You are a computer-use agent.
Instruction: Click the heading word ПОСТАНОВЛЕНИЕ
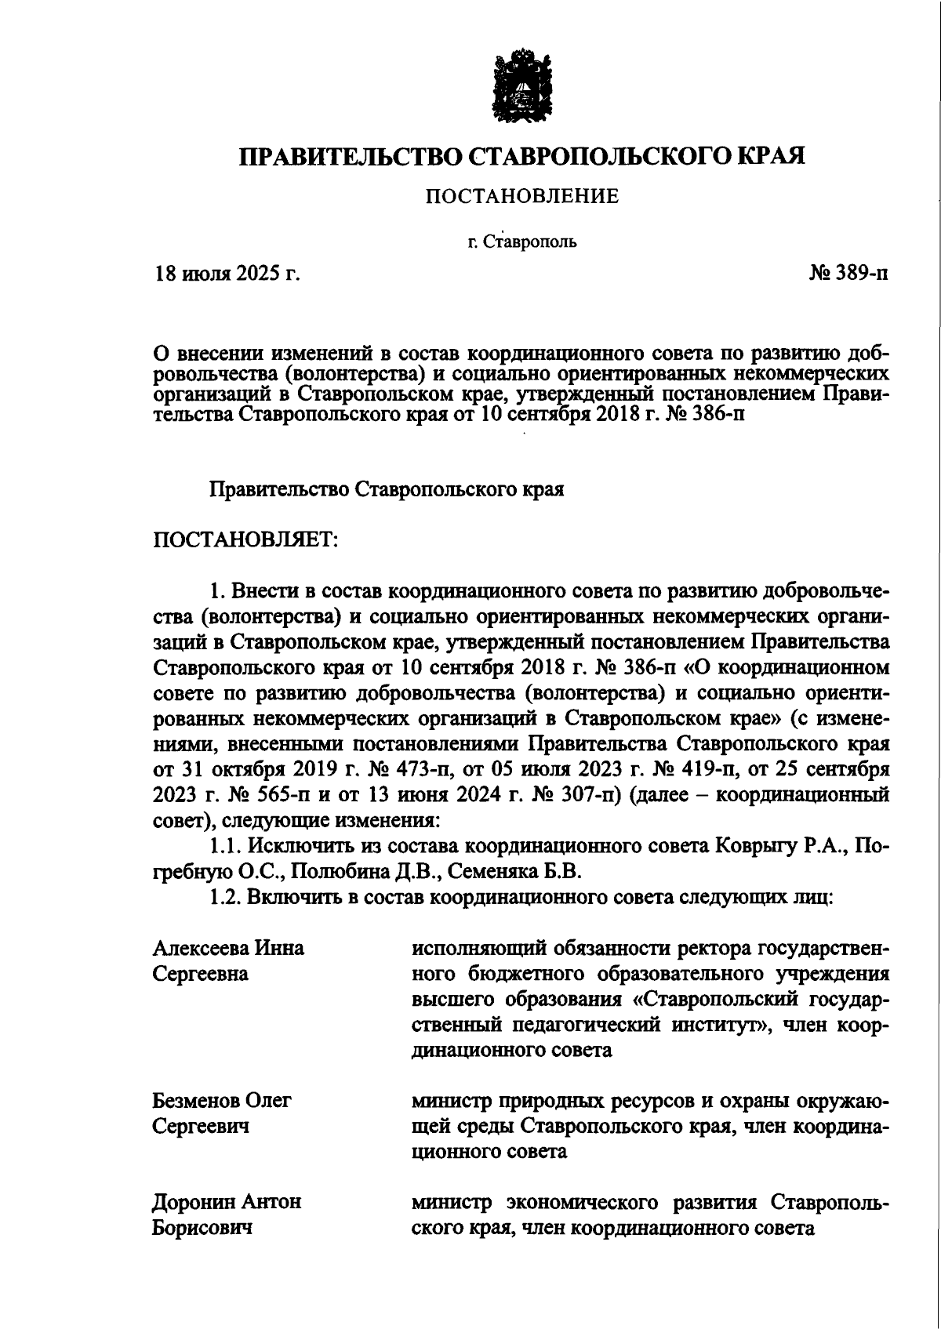click(521, 196)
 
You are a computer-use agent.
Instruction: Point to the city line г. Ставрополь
click(522, 241)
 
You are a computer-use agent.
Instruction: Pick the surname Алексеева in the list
click(199, 948)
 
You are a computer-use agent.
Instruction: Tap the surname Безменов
click(196, 1100)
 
